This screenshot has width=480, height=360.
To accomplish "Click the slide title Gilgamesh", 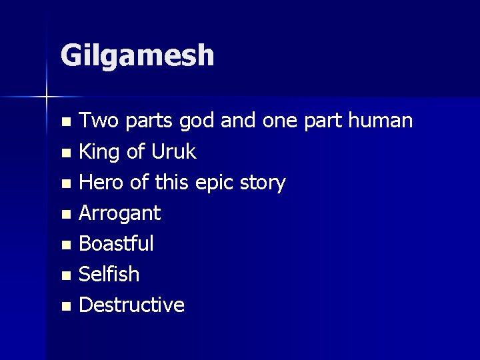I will tap(137, 56).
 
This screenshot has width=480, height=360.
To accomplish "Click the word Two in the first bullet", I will tap(97, 121).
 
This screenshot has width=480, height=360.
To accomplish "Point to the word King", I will tap(99, 153).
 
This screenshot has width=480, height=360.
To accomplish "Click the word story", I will tap(264, 183).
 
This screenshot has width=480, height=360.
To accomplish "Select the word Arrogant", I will tap(120, 214).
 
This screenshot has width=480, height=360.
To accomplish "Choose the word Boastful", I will tap(117, 243).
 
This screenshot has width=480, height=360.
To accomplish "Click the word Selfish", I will tap(109, 274).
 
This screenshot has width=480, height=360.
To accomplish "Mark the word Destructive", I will tap(132, 305).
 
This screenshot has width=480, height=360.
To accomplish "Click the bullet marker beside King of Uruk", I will tap(65, 153).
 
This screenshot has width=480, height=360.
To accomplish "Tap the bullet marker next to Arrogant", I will tap(65, 215).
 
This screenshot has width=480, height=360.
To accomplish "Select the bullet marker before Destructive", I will tap(65, 306).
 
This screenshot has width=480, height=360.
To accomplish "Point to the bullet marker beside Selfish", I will tap(65, 275).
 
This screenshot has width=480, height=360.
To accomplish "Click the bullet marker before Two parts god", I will tap(65, 123).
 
